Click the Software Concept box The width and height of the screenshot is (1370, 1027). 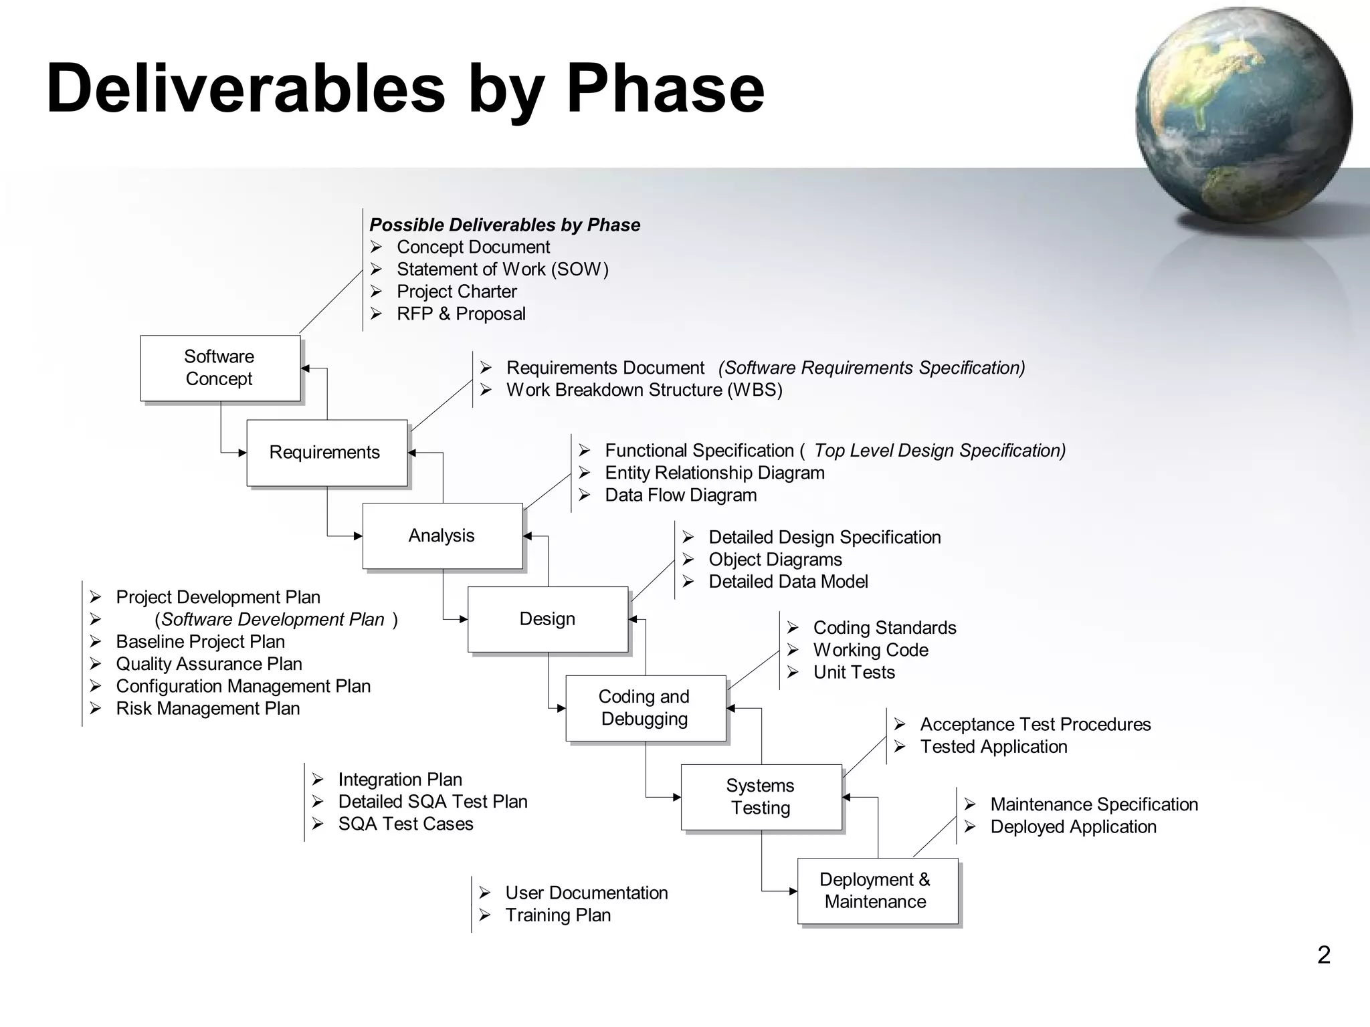tap(220, 368)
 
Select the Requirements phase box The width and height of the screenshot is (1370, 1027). tap(326, 453)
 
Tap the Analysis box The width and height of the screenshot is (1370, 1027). tap(442, 536)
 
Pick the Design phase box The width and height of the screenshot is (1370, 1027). tap(547, 619)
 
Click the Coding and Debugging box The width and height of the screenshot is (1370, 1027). tap(645, 708)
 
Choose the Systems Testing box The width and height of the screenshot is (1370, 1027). tap(761, 797)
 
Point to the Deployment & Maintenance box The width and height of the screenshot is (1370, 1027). tap(877, 891)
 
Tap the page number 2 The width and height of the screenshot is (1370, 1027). tap(1323, 955)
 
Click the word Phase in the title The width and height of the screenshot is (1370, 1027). tap(665, 89)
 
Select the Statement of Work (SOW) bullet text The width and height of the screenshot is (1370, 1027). tap(502, 269)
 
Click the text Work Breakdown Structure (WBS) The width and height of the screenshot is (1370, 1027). tap(644, 390)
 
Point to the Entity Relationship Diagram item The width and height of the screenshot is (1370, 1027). tap(714, 473)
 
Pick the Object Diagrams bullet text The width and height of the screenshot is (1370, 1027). tap(775, 560)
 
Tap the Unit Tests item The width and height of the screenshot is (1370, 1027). tap(854, 672)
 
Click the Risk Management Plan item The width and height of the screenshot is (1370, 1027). tap(207, 708)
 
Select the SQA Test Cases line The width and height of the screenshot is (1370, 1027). tap(405, 824)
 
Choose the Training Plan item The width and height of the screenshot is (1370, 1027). tap(558, 915)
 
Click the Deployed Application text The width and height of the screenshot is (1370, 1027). tap(1073, 826)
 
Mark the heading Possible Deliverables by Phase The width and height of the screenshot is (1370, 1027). tap(504, 225)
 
